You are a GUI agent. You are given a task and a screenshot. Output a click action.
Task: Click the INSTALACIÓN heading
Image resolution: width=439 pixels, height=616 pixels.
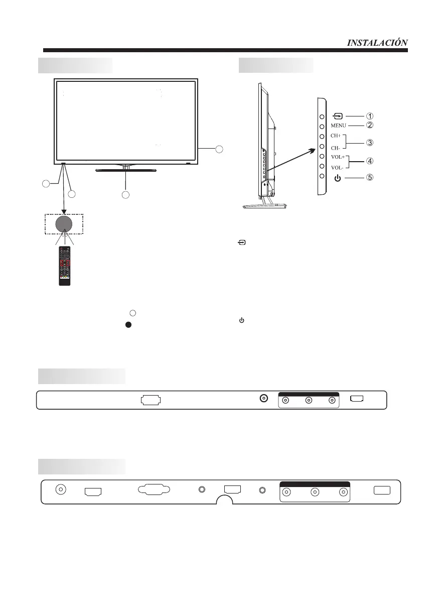point(377,43)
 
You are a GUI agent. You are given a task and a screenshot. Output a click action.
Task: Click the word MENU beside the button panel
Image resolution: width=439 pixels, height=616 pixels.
point(339,125)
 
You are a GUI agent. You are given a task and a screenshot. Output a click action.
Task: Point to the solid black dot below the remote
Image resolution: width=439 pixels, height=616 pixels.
point(128,325)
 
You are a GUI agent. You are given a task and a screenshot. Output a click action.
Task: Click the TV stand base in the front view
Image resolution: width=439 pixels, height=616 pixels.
point(126,170)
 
